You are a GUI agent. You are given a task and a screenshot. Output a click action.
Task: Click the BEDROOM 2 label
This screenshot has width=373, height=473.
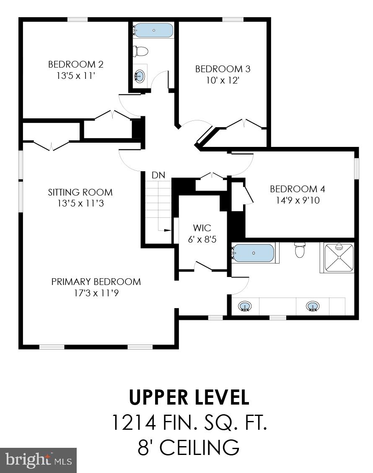point(75,64)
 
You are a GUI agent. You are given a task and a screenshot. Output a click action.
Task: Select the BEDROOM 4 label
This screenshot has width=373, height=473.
point(297,189)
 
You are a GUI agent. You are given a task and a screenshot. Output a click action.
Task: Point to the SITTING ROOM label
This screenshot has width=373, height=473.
point(80,192)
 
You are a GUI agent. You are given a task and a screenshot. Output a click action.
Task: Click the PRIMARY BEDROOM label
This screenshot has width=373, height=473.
point(96,282)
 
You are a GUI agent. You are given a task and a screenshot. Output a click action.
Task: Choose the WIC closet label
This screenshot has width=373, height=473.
point(202,228)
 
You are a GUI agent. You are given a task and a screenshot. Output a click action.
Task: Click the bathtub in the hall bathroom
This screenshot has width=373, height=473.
point(154,31)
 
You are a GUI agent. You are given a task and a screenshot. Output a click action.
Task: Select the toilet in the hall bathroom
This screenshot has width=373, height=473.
point(141,52)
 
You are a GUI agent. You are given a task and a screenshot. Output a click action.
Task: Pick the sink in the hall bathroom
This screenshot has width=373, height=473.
point(140,76)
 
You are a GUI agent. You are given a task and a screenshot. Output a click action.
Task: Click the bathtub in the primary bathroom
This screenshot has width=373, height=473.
point(254,253)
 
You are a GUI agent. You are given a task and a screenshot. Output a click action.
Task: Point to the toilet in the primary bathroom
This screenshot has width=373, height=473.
point(300,250)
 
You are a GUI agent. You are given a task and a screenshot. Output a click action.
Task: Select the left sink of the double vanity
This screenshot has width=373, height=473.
point(244,306)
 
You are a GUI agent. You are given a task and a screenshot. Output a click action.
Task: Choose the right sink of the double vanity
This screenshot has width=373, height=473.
point(312,306)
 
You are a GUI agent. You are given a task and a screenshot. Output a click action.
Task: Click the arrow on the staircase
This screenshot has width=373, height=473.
point(166,230)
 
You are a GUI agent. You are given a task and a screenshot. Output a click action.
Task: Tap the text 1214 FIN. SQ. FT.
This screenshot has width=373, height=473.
point(189,422)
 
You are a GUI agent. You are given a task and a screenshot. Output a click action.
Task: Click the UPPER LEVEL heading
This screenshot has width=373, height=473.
point(189,397)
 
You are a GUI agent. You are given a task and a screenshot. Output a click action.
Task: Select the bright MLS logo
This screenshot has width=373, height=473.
point(39,460)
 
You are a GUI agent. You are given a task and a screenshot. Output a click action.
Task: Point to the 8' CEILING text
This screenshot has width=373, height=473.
point(189,447)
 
